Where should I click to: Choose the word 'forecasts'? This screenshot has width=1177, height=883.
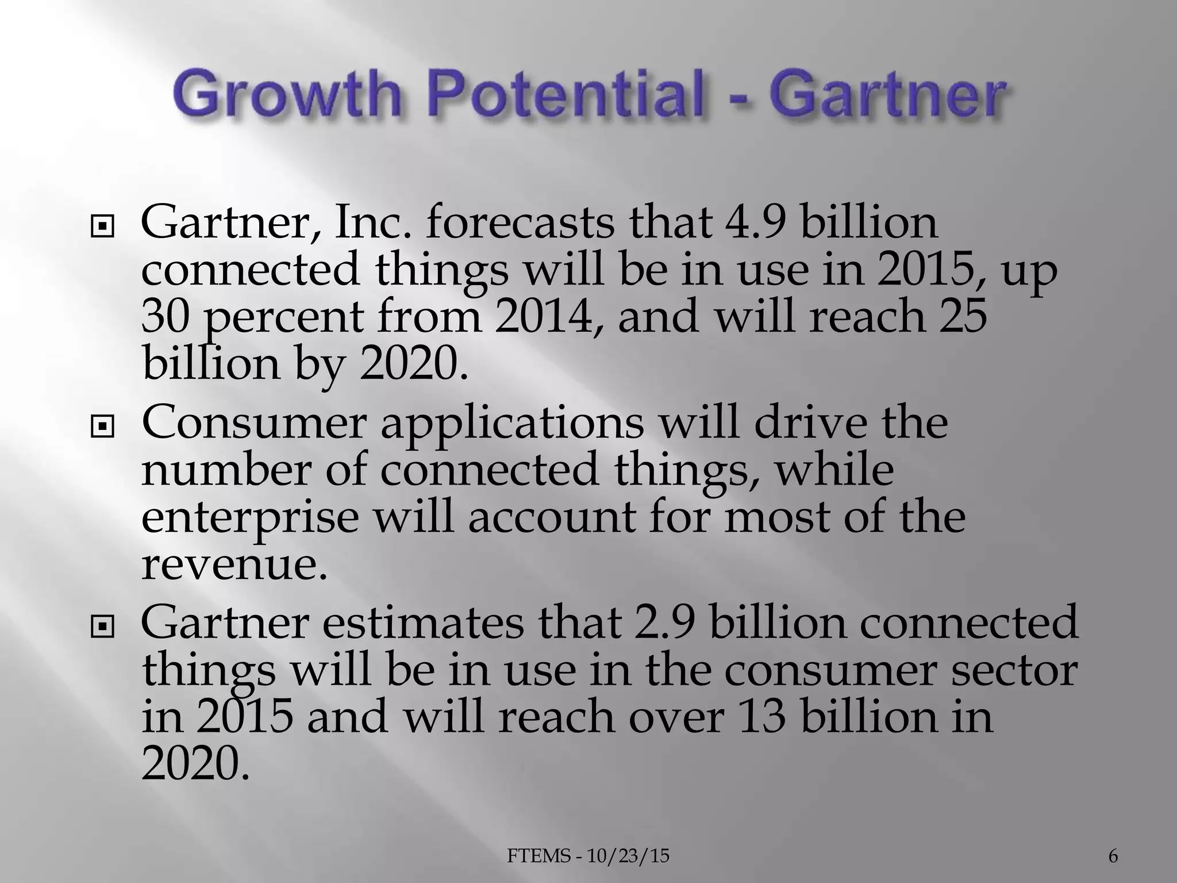(520, 223)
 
